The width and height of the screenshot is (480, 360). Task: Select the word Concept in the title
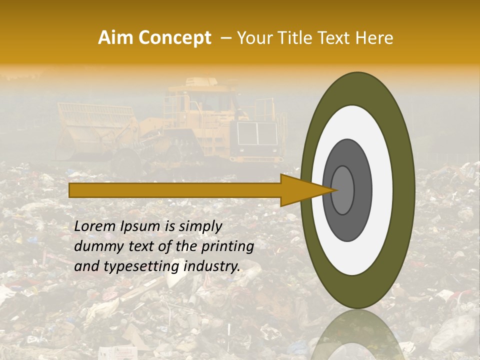[174, 38]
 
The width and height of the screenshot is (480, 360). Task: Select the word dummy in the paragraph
[93, 246]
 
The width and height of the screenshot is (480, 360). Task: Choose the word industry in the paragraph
[211, 266]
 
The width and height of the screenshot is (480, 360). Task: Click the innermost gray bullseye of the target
[342, 190]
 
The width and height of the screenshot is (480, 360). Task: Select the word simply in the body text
[199, 226]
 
